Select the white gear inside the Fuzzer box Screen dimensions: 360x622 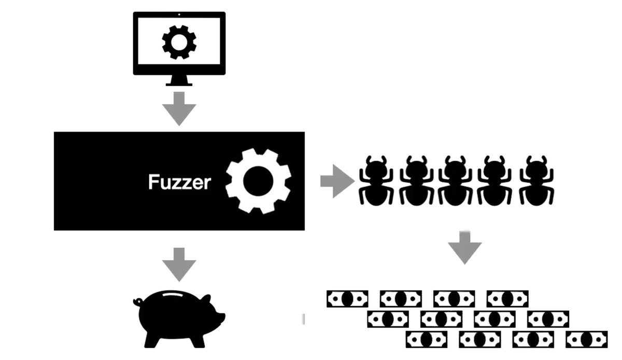click(x=258, y=180)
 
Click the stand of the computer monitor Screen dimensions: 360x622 click(x=179, y=80)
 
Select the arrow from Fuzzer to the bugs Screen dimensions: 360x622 click(x=336, y=181)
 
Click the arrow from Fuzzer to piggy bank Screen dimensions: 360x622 click(x=179, y=264)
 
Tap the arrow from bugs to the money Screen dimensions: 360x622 click(x=464, y=247)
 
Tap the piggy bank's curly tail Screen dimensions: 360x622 click(x=137, y=300)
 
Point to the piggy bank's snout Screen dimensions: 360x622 click(x=222, y=315)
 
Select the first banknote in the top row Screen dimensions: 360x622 click(x=347, y=298)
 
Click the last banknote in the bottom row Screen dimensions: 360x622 click(x=586, y=339)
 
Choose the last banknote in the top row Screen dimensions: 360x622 click(x=507, y=298)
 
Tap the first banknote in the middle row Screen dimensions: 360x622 click(x=388, y=319)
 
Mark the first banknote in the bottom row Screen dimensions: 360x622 click(x=426, y=339)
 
